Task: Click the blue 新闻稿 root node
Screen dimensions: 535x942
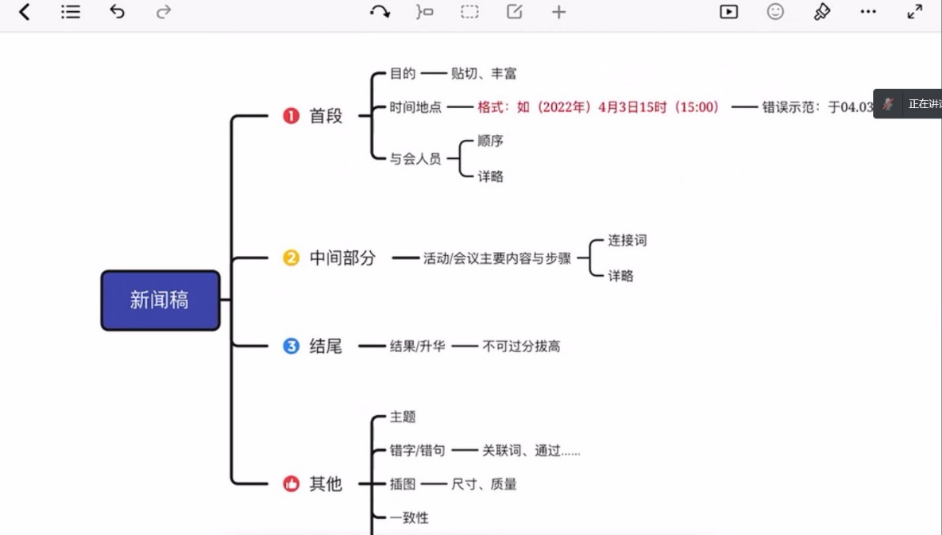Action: [x=160, y=300]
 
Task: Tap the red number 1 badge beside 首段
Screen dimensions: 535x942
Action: [x=291, y=116]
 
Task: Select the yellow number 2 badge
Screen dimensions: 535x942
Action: [x=291, y=258]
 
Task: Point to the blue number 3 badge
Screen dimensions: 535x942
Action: [x=291, y=346]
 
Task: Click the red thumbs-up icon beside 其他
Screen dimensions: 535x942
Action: [x=291, y=483]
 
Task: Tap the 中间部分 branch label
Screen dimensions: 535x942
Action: [x=342, y=258]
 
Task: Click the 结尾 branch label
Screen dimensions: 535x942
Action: [x=326, y=346]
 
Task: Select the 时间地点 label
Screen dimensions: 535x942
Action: [x=415, y=107]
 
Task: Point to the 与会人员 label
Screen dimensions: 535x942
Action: [x=415, y=159]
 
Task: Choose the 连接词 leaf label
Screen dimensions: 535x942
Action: [x=627, y=240]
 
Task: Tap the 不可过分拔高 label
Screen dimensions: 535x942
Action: [x=521, y=347]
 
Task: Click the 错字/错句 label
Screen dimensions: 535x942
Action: [x=417, y=451]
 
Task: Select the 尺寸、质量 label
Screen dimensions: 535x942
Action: [x=484, y=484]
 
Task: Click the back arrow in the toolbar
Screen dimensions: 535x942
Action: [x=25, y=12]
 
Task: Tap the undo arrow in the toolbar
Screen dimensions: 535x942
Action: [x=118, y=12]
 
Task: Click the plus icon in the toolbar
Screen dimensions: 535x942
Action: [x=559, y=12]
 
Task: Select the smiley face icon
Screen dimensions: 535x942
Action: [x=775, y=12]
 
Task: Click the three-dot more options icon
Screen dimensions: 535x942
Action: [x=868, y=12]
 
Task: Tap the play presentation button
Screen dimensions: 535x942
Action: [x=728, y=12]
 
